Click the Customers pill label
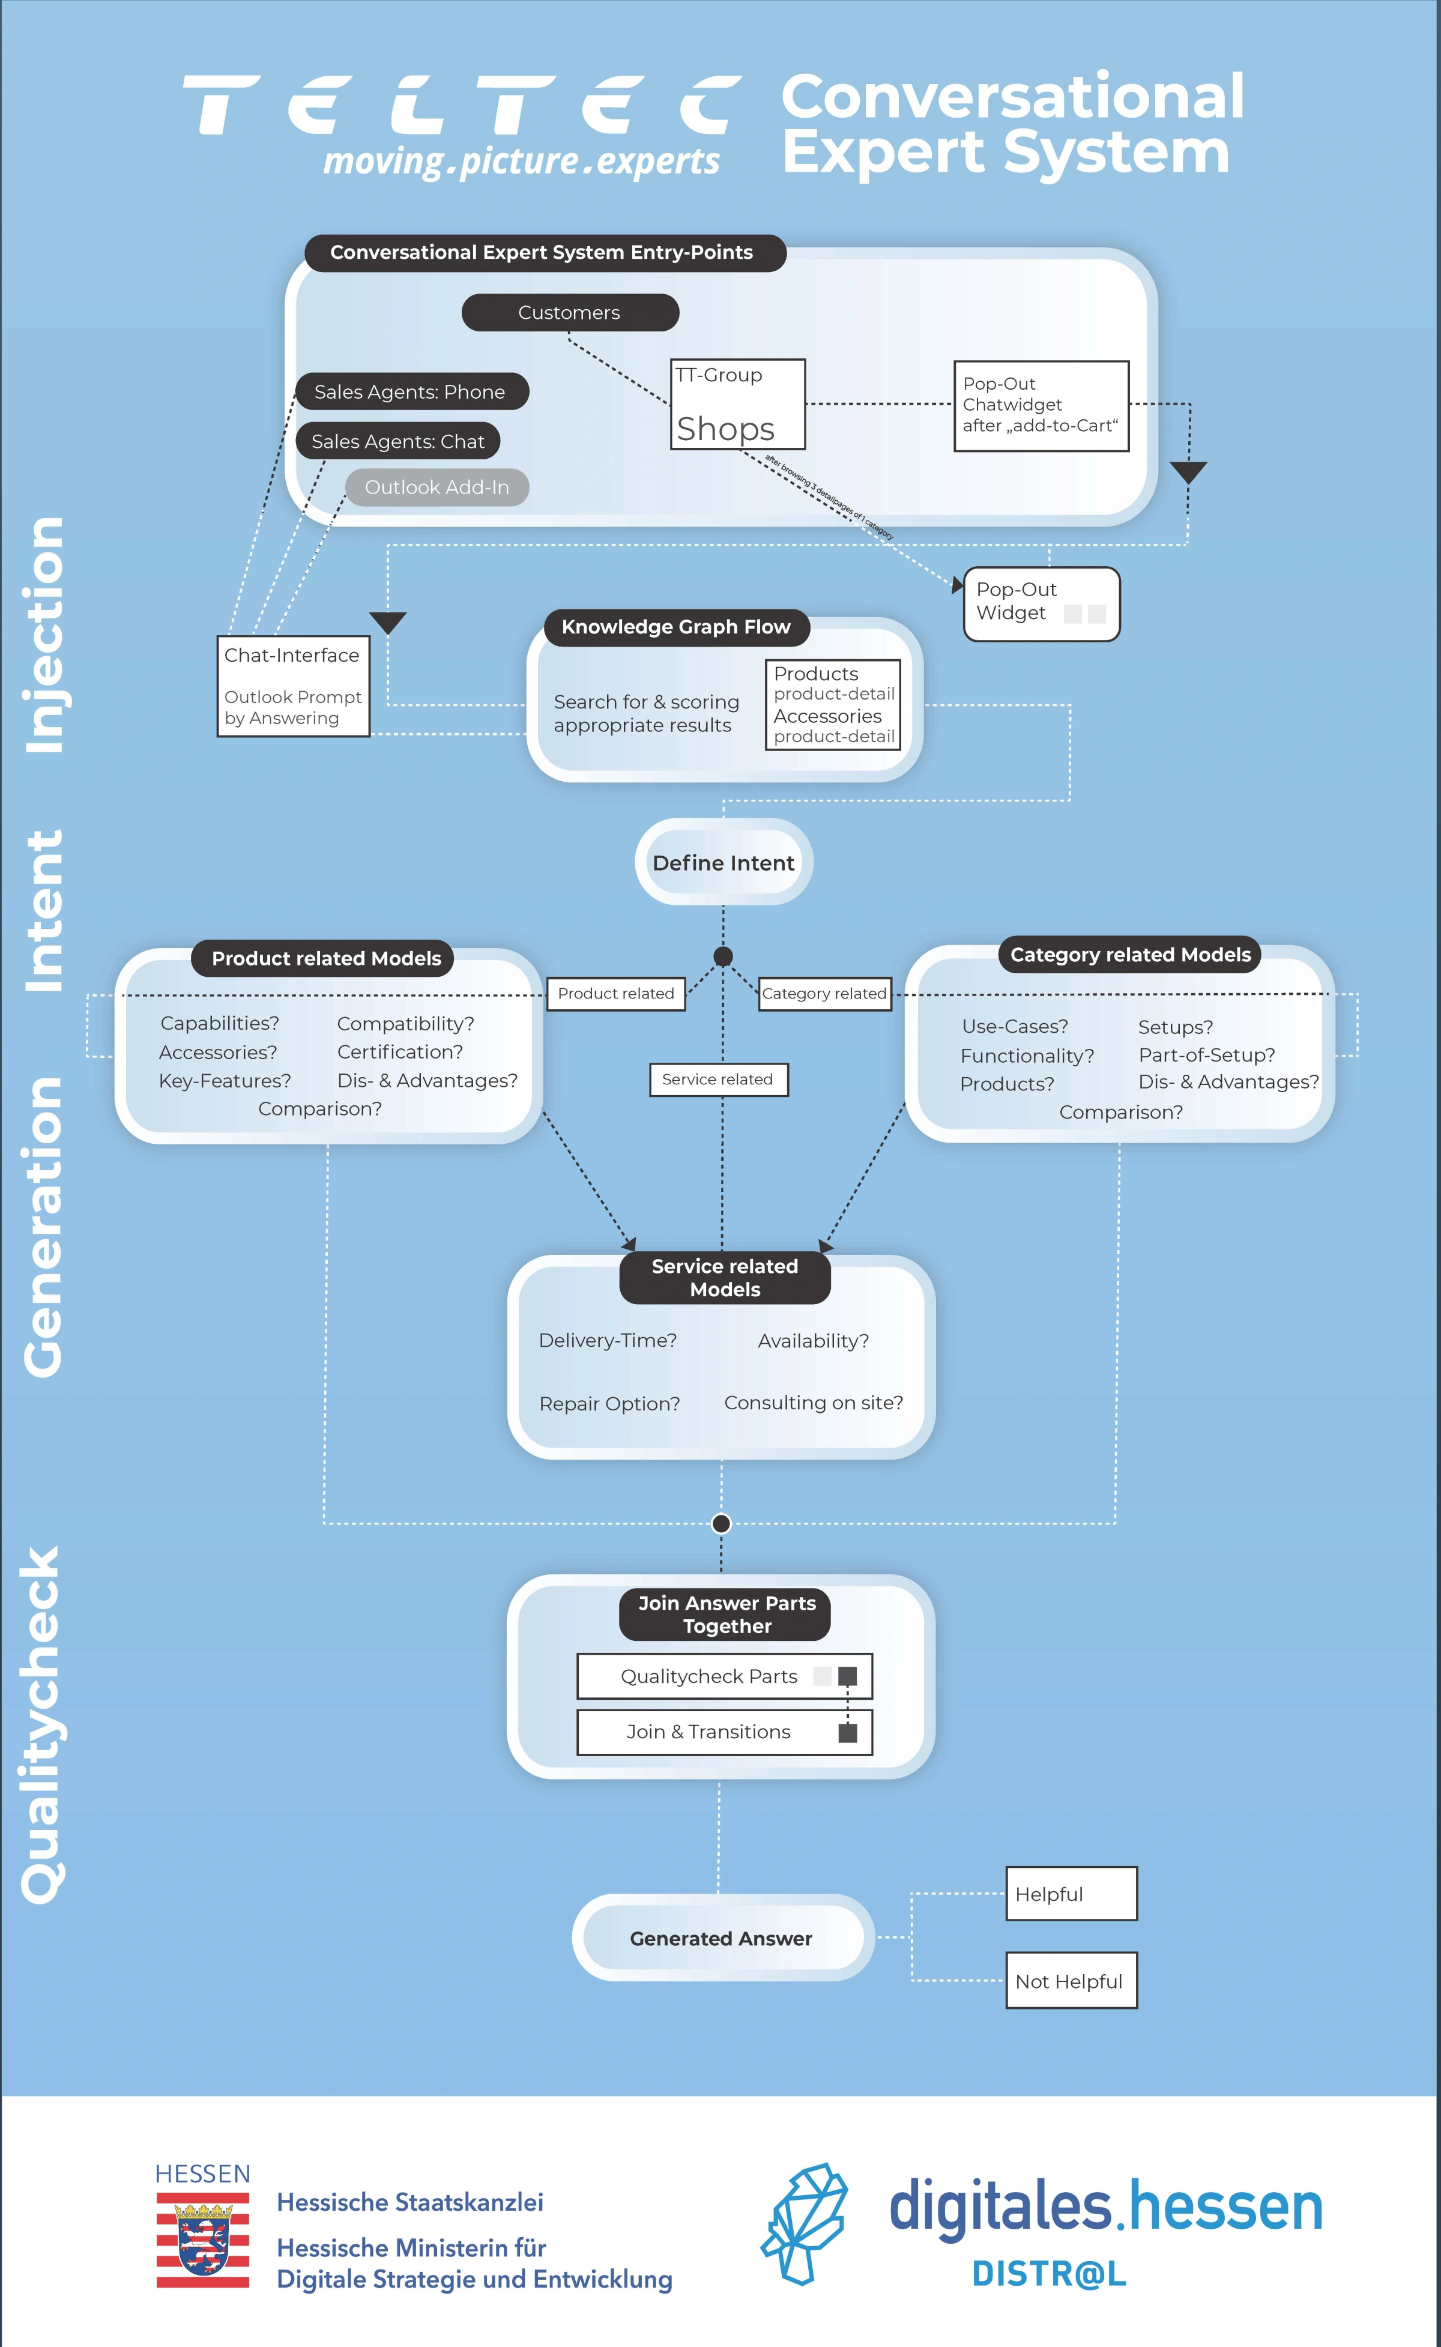(x=570, y=313)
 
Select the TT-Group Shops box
(x=738, y=404)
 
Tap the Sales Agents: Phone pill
(x=411, y=391)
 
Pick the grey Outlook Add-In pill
(x=437, y=487)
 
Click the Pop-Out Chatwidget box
(x=1041, y=405)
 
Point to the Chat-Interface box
(x=292, y=686)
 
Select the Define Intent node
(x=724, y=862)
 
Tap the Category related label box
(x=824, y=994)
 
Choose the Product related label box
(x=615, y=994)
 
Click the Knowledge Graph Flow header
(x=675, y=627)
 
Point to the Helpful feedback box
(x=1071, y=1894)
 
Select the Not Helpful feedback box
(x=1071, y=1981)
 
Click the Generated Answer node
(x=722, y=1938)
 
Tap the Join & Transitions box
(x=724, y=1732)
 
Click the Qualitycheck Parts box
(x=724, y=1676)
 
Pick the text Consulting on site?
(x=813, y=1403)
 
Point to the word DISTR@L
(x=1048, y=2274)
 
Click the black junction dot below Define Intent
(x=724, y=956)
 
